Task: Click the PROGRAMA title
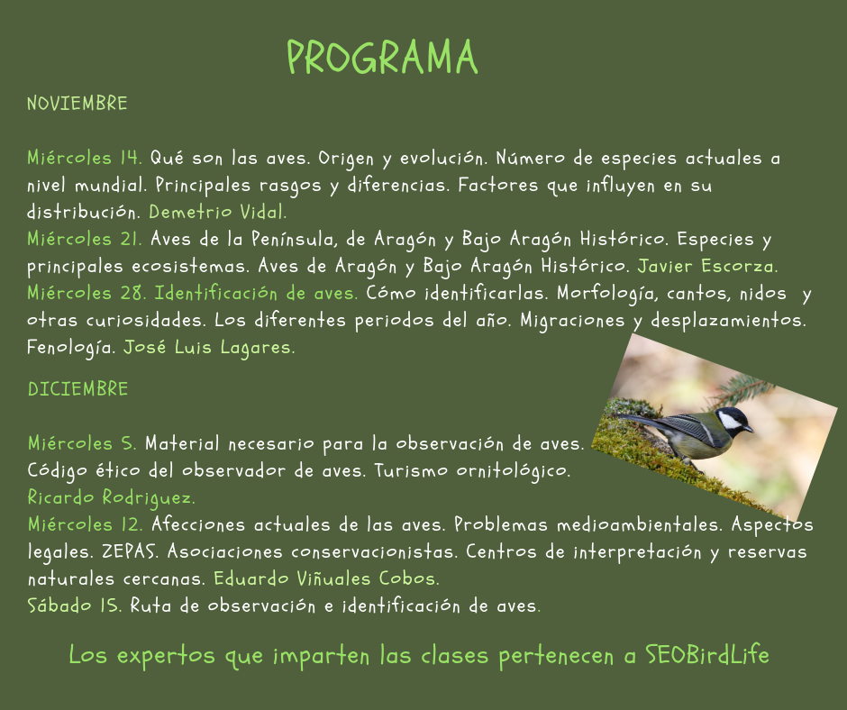tap(382, 58)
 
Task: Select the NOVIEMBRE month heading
tap(77, 104)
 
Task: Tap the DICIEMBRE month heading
tap(77, 389)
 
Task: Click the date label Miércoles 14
tap(85, 158)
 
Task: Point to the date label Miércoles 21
tap(85, 239)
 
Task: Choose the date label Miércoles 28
tap(87, 293)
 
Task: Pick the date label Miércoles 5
tap(82, 443)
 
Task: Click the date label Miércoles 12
tap(86, 524)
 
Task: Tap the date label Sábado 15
tap(75, 605)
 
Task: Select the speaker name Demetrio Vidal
tap(218, 212)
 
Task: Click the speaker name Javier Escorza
tap(707, 266)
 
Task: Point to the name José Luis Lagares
tap(209, 348)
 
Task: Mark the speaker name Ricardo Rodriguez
tap(111, 497)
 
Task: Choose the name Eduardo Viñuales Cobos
tap(326, 578)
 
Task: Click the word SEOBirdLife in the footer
tap(707, 654)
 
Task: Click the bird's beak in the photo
tap(749, 429)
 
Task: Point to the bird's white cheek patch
tap(729, 419)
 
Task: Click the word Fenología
tap(71, 348)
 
